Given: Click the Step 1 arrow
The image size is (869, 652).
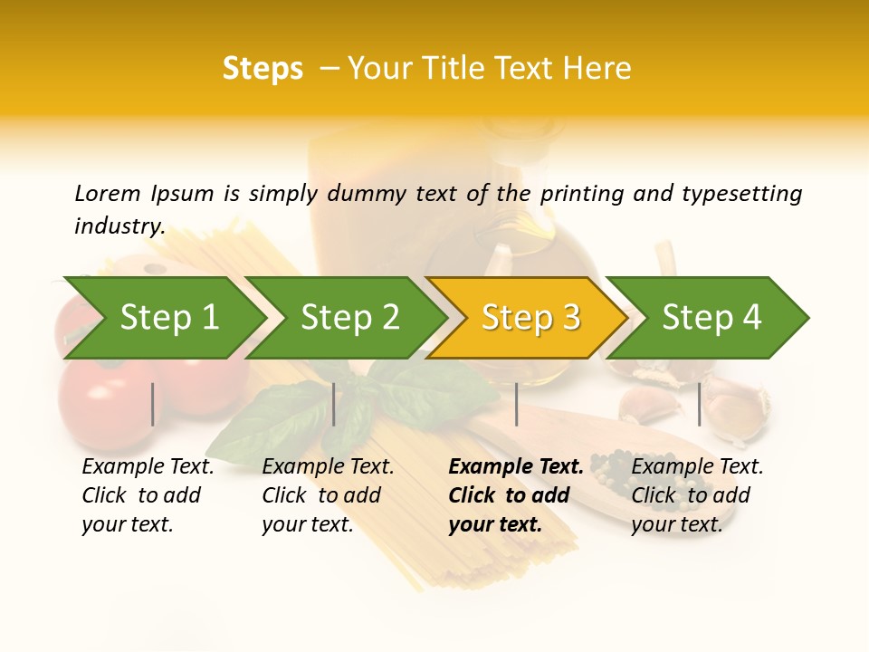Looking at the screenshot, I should (163, 318).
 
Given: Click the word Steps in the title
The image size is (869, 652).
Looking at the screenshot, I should (263, 69).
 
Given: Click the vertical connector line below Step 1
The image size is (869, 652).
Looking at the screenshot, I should (153, 404).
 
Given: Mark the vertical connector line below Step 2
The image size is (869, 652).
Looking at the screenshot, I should (334, 404).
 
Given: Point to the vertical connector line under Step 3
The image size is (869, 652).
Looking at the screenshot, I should (517, 404).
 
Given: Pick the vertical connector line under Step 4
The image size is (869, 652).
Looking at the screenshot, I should (700, 404).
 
